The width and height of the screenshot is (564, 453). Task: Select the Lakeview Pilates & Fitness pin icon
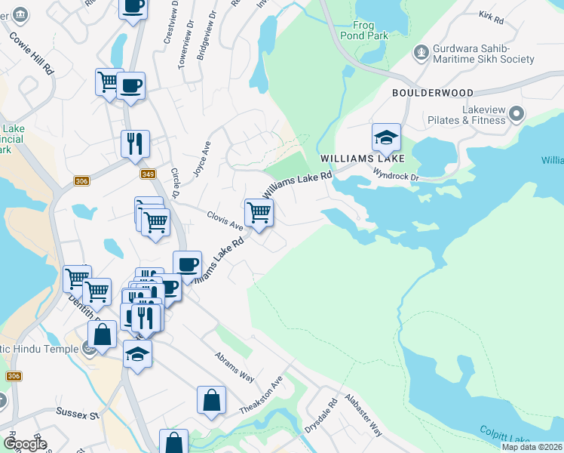(x=516, y=115)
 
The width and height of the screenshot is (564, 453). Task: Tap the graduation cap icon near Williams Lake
(x=386, y=137)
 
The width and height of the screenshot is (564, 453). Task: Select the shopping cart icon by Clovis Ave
(x=259, y=213)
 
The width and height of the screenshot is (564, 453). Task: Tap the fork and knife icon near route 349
(x=136, y=143)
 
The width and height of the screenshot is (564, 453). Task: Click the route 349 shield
(x=148, y=174)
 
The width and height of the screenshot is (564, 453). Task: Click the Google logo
(x=24, y=444)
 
